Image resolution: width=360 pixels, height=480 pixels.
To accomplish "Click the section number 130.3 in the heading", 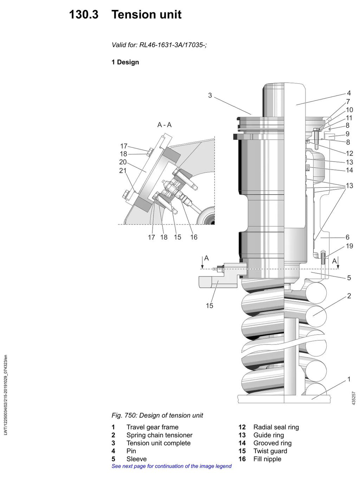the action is [84, 14].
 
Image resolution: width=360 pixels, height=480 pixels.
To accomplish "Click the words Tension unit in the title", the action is [146, 14].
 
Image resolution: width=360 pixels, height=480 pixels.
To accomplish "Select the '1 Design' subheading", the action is [125, 62].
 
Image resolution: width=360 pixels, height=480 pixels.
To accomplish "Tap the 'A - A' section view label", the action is [164, 125].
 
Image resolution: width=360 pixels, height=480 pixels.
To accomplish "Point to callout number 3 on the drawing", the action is [210, 95].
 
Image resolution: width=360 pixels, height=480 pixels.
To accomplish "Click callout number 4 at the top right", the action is [349, 93].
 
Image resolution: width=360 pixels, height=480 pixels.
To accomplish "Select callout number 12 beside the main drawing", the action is [349, 153].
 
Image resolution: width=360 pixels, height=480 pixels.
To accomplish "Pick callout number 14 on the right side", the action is [349, 170].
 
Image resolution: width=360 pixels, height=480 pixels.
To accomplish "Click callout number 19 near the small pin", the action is [349, 246].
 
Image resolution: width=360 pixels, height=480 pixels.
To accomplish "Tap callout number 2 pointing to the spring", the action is [349, 296].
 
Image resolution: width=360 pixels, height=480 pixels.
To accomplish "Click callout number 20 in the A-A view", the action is [123, 162].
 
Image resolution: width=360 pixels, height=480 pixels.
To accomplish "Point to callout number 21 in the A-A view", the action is [123, 170].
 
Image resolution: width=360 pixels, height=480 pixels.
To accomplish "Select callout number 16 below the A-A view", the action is [194, 237].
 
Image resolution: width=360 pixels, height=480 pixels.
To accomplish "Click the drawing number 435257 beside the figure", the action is [354, 398].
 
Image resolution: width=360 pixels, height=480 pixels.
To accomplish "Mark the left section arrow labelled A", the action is [202, 262].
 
